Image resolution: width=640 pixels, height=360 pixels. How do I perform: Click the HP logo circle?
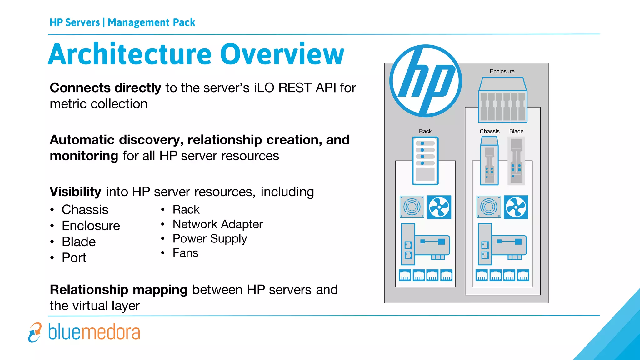tap(426, 81)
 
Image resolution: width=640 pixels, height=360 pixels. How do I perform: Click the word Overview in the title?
tap(282, 54)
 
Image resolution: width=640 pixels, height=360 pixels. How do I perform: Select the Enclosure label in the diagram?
tap(502, 71)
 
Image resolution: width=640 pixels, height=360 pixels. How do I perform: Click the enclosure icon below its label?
tap(502, 100)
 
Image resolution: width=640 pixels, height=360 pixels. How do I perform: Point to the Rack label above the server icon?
tap(425, 131)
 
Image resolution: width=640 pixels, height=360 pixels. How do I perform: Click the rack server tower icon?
tap(425, 161)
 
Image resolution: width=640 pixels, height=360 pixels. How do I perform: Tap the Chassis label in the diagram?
tap(489, 131)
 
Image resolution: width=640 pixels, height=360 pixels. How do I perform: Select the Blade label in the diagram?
tap(516, 131)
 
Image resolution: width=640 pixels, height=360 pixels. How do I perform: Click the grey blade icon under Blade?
tap(516, 161)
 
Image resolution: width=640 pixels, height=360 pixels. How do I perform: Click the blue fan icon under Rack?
tap(439, 207)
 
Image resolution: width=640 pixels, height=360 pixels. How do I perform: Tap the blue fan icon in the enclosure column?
tap(516, 207)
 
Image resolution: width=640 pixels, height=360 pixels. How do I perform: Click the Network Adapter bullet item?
tap(217, 224)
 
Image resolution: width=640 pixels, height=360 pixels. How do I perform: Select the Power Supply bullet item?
tap(210, 239)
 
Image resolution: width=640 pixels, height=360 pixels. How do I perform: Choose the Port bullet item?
tap(74, 258)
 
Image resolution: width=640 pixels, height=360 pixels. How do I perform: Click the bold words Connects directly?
tap(105, 88)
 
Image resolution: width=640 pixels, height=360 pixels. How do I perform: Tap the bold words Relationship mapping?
tap(119, 290)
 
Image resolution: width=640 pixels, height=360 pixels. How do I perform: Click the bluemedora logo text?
tap(94, 332)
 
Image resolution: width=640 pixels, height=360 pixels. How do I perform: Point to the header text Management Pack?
tap(151, 22)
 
